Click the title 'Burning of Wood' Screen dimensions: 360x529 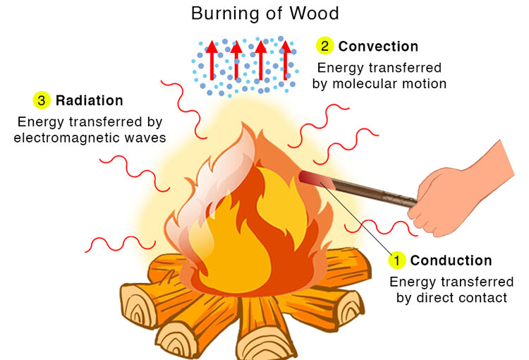click(x=264, y=13)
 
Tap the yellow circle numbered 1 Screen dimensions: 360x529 click(x=397, y=260)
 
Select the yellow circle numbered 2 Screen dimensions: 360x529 click(x=324, y=47)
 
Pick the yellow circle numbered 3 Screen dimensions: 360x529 click(x=42, y=101)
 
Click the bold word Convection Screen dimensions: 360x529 click(x=378, y=47)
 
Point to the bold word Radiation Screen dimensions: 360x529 click(x=89, y=101)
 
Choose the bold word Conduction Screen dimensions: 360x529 click(x=451, y=260)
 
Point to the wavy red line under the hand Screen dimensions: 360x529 click(x=380, y=228)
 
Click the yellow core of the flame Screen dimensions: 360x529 click(x=240, y=247)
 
